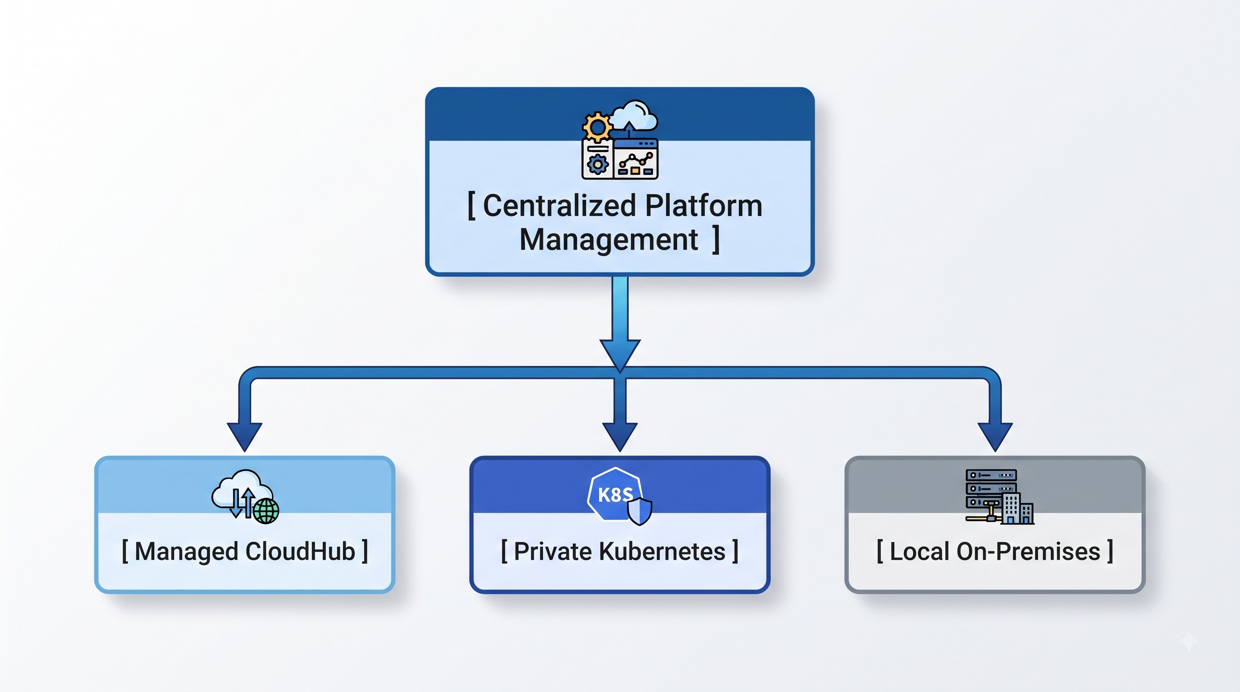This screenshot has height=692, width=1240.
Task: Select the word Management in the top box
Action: click(608, 240)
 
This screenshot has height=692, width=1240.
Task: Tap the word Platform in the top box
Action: click(704, 205)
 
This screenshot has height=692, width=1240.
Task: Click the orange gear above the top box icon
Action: click(597, 127)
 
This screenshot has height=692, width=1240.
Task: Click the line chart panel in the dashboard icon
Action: click(635, 159)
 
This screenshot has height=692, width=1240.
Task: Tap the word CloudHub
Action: click(301, 551)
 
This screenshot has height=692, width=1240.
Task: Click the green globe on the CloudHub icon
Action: click(266, 510)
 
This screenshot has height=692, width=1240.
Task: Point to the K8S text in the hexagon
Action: click(615, 495)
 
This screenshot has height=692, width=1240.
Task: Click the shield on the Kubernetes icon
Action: click(640, 511)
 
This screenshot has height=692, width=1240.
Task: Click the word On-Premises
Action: click(1028, 551)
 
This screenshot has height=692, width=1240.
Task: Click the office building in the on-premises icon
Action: click(1017, 508)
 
